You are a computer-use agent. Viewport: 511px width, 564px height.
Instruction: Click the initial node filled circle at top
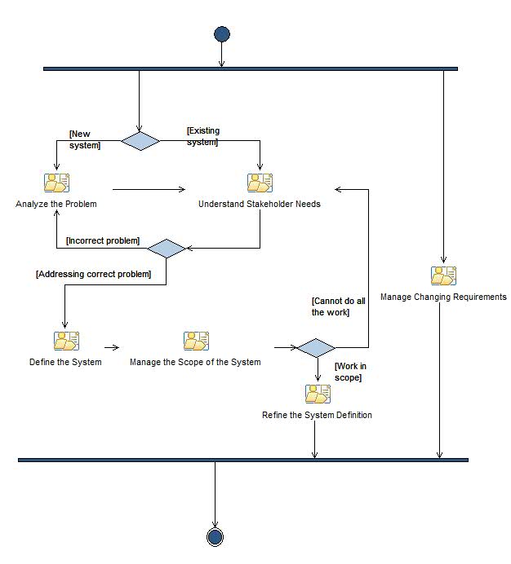(221, 34)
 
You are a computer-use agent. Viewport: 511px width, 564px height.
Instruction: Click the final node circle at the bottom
(216, 536)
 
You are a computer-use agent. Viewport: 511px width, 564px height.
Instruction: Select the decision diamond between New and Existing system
(140, 141)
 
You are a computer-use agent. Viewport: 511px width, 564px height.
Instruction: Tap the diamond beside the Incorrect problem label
(167, 249)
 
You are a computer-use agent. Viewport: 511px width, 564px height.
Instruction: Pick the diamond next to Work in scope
(315, 348)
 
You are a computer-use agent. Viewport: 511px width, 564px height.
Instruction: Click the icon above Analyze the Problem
(56, 183)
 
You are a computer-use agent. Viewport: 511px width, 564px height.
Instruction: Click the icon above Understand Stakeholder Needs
(260, 183)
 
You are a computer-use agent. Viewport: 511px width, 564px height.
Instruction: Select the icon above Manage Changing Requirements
(443, 275)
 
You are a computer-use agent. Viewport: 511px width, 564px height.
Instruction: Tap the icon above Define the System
(66, 341)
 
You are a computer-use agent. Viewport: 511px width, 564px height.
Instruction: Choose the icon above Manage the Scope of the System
(196, 341)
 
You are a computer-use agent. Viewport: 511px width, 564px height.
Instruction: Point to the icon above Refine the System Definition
(318, 394)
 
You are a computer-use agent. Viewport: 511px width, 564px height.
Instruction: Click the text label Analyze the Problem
(56, 204)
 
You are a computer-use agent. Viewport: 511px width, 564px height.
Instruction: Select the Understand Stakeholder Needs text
(260, 204)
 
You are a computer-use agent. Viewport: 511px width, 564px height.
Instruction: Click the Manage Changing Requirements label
(443, 297)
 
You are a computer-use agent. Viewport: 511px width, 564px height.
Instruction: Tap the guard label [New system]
(85, 139)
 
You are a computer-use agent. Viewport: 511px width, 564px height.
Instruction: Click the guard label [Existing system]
(202, 136)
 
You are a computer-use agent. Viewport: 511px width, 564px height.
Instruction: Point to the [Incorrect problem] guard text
(103, 240)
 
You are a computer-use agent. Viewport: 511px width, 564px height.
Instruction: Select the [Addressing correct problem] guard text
(94, 274)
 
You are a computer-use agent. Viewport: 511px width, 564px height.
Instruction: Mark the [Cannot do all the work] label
(338, 306)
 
